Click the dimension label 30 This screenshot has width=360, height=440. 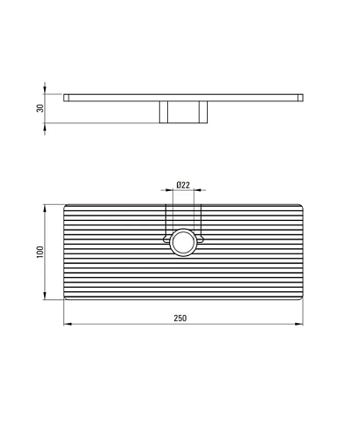pyautogui.click(x=40, y=108)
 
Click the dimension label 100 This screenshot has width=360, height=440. pyautogui.click(x=40, y=252)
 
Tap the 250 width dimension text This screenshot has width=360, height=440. pyautogui.click(x=180, y=318)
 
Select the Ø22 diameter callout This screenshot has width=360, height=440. pyautogui.click(x=183, y=185)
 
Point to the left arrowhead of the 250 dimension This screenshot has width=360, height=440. pyautogui.click(x=68, y=324)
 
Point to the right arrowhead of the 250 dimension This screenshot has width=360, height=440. pyautogui.click(x=299, y=324)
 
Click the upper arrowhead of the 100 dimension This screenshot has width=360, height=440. pyautogui.click(x=45, y=209)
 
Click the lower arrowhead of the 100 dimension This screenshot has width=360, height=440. pyautogui.click(x=45, y=296)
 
